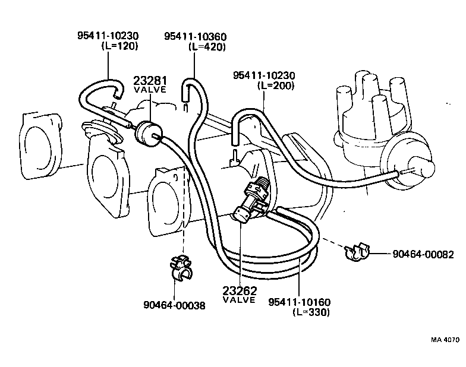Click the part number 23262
coord(238,291)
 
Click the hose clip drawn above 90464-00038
coord(181,268)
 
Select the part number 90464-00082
coord(423,254)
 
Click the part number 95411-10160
coord(299,302)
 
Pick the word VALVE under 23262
coord(238,300)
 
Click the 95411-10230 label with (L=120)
coord(106,37)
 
